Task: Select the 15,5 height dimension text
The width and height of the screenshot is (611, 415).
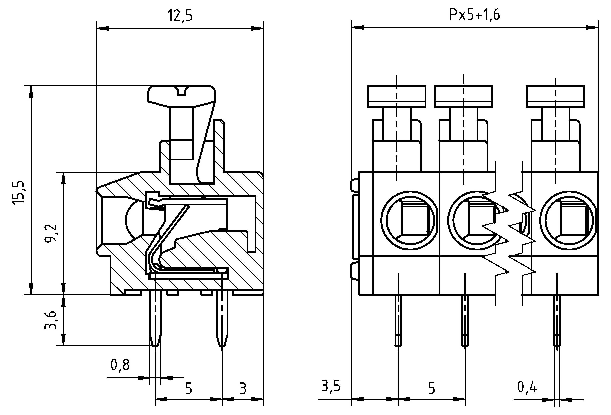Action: pyautogui.click(x=18, y=192)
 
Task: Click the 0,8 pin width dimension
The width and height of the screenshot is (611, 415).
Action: pyautogui.click(x=120, y=365)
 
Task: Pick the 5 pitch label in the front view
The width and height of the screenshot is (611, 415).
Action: pyautogui.click(x=431, y=388)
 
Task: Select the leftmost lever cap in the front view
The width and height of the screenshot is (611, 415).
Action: pyautogui.click(x=396, y=96)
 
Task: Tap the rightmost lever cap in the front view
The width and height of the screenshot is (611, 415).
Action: pyautogui.click(x=556, y=96)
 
